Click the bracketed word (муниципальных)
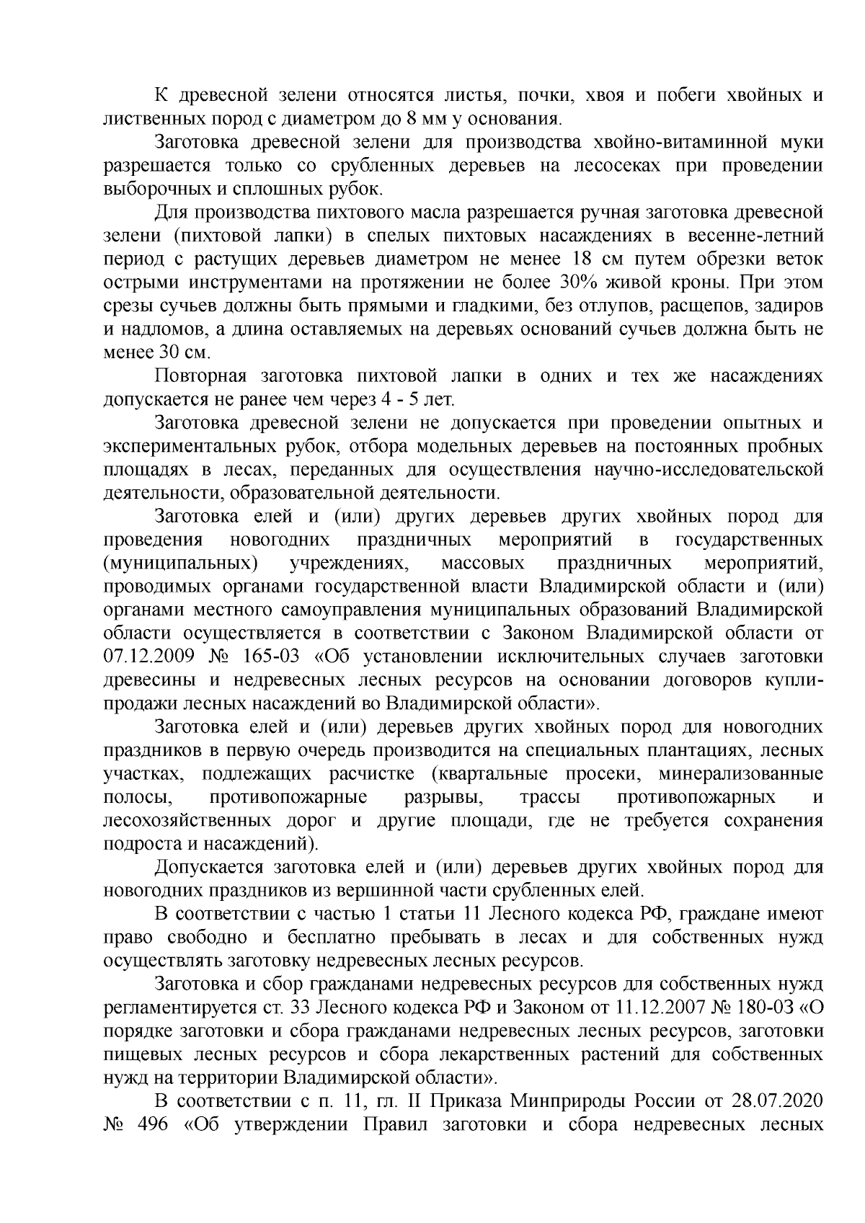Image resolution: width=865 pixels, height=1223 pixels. (181, 563)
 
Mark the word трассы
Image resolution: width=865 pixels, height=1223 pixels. (551, 798)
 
